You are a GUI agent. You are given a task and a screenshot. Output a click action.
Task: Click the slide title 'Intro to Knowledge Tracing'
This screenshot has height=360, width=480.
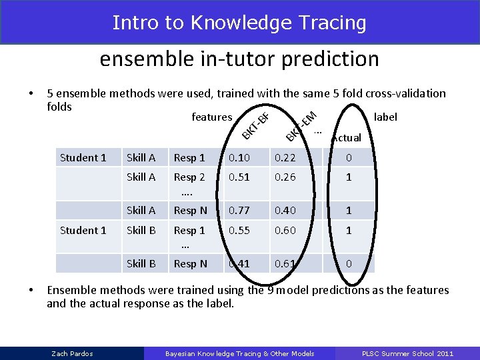(239, 23)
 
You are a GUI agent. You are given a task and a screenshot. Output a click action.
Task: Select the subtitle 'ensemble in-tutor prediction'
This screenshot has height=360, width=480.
(239, 59)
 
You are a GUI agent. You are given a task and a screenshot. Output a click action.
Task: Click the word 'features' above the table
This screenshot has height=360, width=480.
(211, 117)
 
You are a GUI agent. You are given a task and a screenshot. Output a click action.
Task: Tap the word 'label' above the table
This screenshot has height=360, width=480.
(385, 117)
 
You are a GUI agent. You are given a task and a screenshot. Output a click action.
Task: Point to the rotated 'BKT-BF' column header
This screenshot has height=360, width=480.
(255, 127)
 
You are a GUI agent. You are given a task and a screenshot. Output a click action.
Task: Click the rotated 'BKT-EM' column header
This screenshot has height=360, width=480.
(300, 127)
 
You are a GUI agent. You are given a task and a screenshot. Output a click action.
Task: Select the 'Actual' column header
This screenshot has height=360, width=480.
(347, 138)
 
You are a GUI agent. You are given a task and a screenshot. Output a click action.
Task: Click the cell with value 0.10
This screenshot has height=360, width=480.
(239, 158)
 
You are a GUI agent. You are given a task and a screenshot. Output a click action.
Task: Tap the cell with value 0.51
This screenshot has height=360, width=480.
(239, 177)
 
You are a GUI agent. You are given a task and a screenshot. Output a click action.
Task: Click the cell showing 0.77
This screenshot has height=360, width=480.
(239, 211)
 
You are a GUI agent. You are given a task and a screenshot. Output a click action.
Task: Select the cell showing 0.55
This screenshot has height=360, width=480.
(239, 230)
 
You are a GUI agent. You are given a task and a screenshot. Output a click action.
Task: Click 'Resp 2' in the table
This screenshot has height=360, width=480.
(189, 177)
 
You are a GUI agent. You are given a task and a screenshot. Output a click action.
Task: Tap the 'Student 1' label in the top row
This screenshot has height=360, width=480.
(83, 158)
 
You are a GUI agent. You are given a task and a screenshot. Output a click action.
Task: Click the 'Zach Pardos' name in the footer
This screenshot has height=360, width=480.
(72, 353)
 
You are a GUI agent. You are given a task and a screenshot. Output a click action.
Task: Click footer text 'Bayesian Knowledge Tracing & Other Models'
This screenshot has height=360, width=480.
(239, 353)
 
